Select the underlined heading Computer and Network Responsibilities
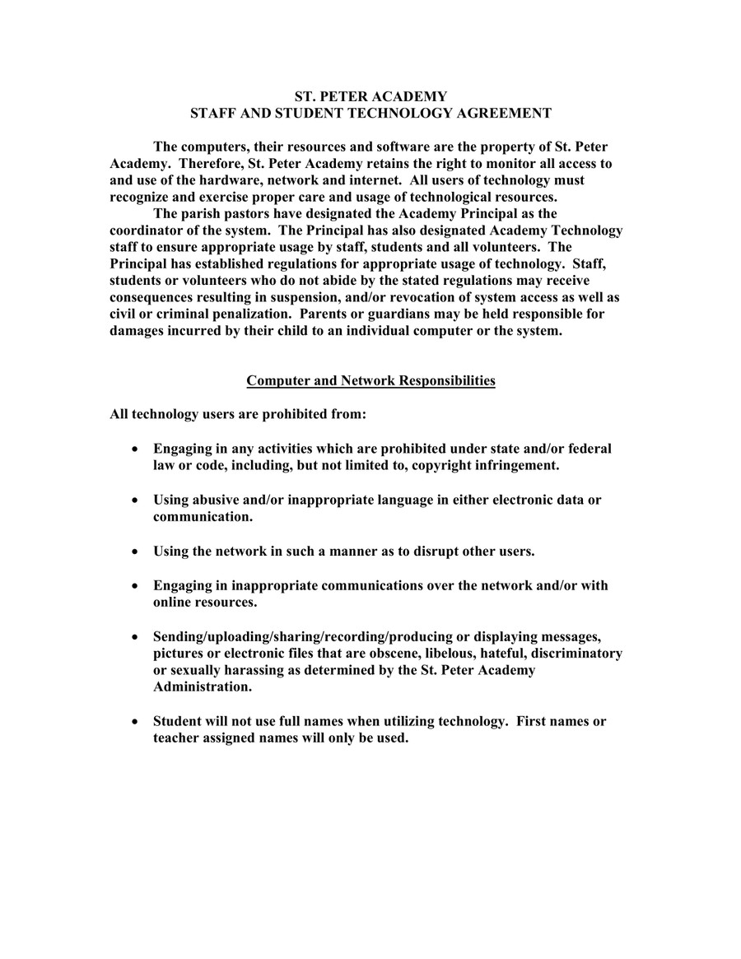[370, 380]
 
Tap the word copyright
[441, 465]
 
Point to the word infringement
[516, 465]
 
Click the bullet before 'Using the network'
[134, 552]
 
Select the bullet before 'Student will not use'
[134, 722]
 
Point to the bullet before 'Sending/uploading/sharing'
[134, 637]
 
